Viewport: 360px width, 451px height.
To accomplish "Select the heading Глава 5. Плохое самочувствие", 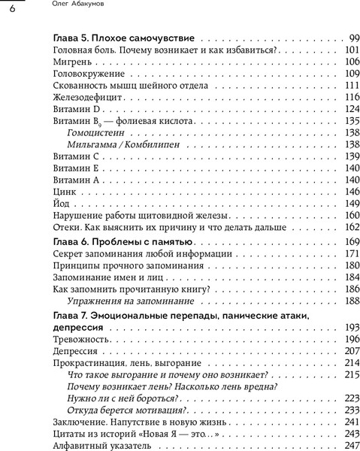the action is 125,38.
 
